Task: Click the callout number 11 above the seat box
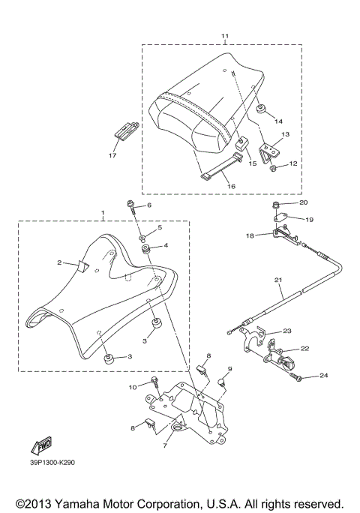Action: click(223, 36)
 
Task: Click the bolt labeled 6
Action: click(132, 205)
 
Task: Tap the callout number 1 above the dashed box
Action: click(103, 214)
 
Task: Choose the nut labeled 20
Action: click(277, 205)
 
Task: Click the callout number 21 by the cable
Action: click(277, 281)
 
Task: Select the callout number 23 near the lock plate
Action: click(286, 331)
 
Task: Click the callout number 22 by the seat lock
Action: click(305, 348)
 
